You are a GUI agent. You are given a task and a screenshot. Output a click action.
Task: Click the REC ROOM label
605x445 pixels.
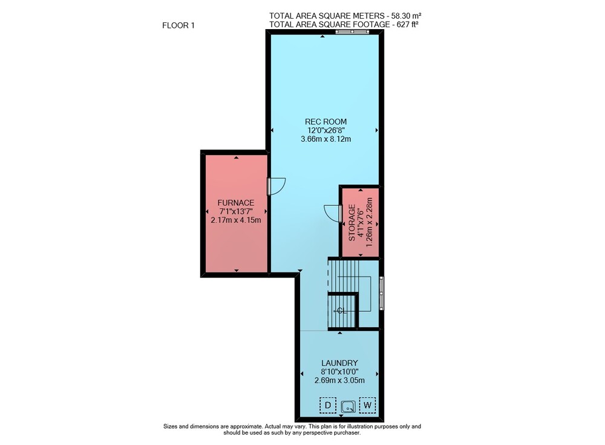[x=325, y=122]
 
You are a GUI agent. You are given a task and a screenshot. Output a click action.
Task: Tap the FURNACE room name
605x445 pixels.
[x=236, y=203]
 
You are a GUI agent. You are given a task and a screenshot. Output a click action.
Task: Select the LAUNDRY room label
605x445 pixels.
[x=339, y=363]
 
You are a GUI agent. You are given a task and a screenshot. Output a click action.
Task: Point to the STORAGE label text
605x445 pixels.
[x=352, y=223]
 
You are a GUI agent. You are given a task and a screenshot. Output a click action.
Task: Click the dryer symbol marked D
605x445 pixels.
[x=328, y=405]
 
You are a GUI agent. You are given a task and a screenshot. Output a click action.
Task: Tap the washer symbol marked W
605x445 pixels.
[x=367, y=405]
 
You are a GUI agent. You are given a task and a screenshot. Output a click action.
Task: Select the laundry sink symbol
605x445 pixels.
[x=348, y=407]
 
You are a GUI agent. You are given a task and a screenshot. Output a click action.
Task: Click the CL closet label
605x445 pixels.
[x=342, y=311]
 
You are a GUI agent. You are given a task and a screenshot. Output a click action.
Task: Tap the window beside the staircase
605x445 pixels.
[x=382, y=293]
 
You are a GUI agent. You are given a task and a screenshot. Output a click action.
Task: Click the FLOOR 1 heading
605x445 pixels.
[x=178, y=25]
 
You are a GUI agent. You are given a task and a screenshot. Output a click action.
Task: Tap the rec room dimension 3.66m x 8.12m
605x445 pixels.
[x=325, y=139]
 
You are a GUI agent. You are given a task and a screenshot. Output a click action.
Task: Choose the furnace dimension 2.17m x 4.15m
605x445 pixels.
[x=236, y=220]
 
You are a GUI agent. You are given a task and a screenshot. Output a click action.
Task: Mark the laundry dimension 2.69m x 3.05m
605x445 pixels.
[x=339, y=380]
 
